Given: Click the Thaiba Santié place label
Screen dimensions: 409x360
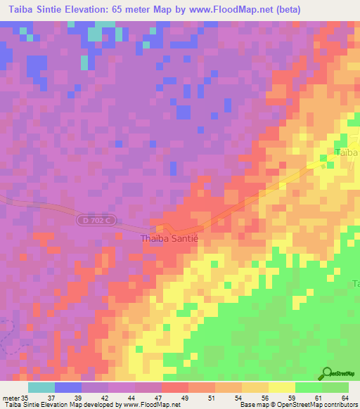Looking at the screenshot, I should (x=170, y=239).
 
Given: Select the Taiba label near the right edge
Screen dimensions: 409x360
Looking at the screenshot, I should (x=347, y=152).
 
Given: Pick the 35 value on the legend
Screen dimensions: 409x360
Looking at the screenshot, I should (x=25, y=398).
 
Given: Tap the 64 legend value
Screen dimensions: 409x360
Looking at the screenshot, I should (x=344, y=398).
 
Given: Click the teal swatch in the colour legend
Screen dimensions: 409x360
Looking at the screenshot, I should (x=41, y=387).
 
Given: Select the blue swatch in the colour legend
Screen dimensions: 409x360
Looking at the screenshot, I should (x=68, y=387).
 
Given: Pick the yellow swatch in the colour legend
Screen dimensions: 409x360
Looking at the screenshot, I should (x=282, y=387).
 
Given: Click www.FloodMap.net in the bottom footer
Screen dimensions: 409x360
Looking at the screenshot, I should (x=150, y=405).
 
